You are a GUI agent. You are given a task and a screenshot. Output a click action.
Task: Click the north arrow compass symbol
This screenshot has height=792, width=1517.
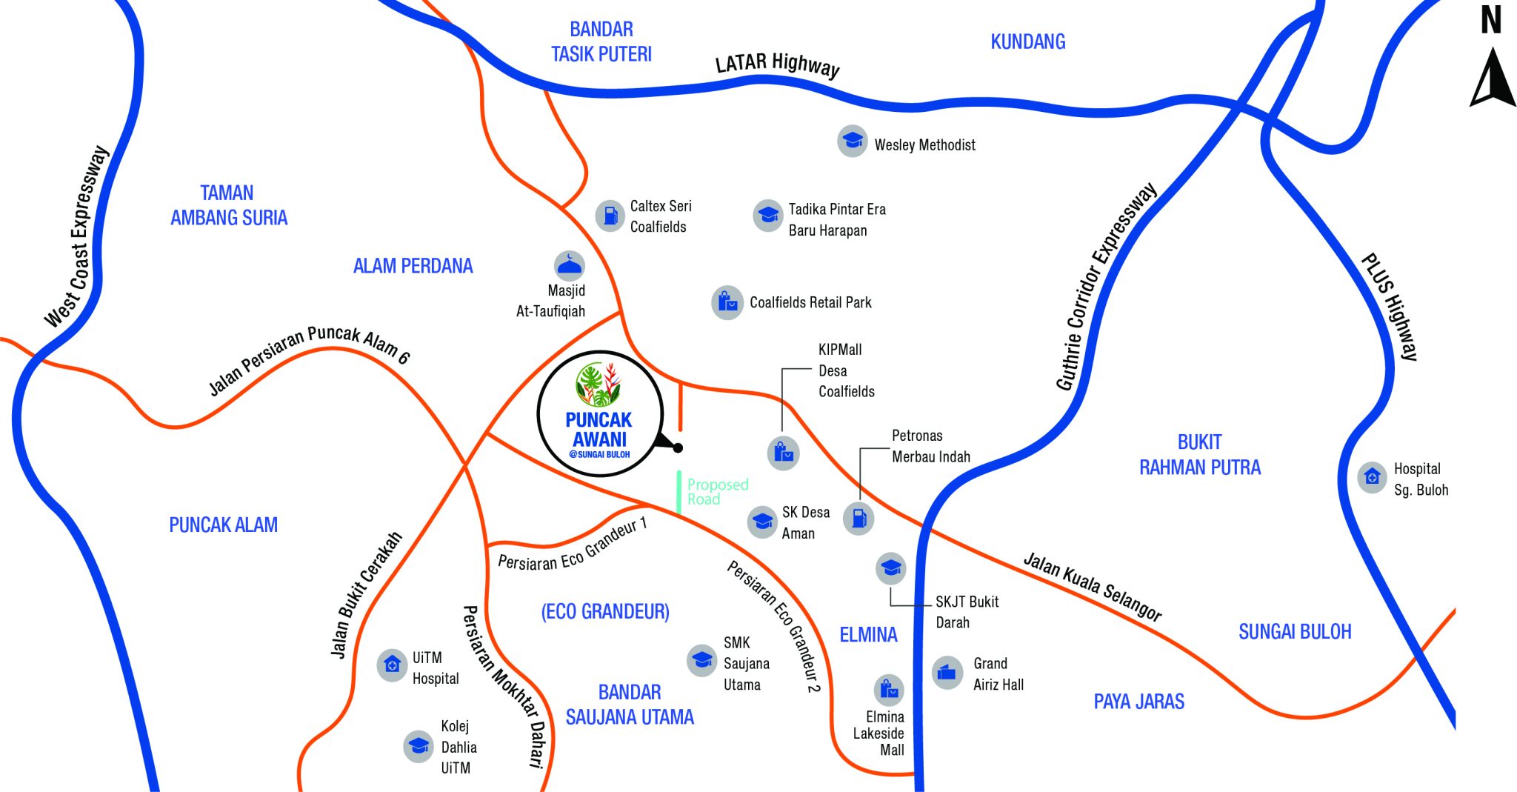pyautogui.click(x=1492, y=77)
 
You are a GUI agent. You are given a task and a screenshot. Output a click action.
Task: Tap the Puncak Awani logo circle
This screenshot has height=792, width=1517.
pyautogui.click(x=599, y=413)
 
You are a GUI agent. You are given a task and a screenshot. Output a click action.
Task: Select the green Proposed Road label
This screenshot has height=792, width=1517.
pyautogui.click(x=717, y=492)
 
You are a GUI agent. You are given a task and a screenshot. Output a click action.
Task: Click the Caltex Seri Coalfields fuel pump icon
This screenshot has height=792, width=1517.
pyautogui.click(x=610, y=216)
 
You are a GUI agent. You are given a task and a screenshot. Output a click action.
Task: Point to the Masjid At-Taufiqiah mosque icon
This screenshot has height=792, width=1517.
pyautogui.click(x=569, y=265)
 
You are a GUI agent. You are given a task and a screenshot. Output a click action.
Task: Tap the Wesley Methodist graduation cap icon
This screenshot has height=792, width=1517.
pyautogui.click(x=853, y=140)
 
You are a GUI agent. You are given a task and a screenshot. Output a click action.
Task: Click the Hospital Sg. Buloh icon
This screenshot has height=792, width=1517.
pyautogui.click(x=1372, y=477)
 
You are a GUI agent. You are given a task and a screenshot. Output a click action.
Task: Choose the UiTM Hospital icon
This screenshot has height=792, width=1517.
pyautogui.click(x=392, y=665)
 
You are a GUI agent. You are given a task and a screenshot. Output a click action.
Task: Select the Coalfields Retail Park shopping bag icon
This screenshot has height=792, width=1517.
pyautogui.click(x=727, y=302)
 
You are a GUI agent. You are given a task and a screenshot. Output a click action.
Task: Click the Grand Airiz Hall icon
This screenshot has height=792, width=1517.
pyautogui.click(x=947, y=673)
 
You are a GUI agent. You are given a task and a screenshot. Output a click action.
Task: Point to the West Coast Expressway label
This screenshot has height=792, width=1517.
pyautogui.click(x=77, y=237)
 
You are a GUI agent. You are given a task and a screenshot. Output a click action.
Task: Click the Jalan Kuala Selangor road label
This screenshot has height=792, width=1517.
pyautogui.click(x=1092, y=585)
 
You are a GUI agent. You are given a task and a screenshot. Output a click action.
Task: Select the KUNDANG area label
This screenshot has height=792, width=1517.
pyautogui.click(x=1027, y=41)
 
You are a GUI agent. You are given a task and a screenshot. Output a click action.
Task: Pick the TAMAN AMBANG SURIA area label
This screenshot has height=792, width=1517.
pyautogui.click(x=228, y=205)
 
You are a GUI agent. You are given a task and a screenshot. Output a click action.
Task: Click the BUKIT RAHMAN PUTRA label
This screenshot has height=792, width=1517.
pyautogui.click(x=1199, y=455)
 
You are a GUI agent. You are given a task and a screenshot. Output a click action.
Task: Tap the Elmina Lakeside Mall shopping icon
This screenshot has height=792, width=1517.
pyautogui.click(x=889, y=690)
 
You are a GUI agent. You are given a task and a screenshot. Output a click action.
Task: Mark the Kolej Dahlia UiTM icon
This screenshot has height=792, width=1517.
pyautogui.click(x=419, y=745)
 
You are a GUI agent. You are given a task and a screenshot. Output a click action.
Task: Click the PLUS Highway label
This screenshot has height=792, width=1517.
pyautogui.click(x=1390, y=307)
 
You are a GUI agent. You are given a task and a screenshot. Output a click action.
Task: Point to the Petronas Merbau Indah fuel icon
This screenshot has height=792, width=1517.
pyautogui.click(x=859, y=518)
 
